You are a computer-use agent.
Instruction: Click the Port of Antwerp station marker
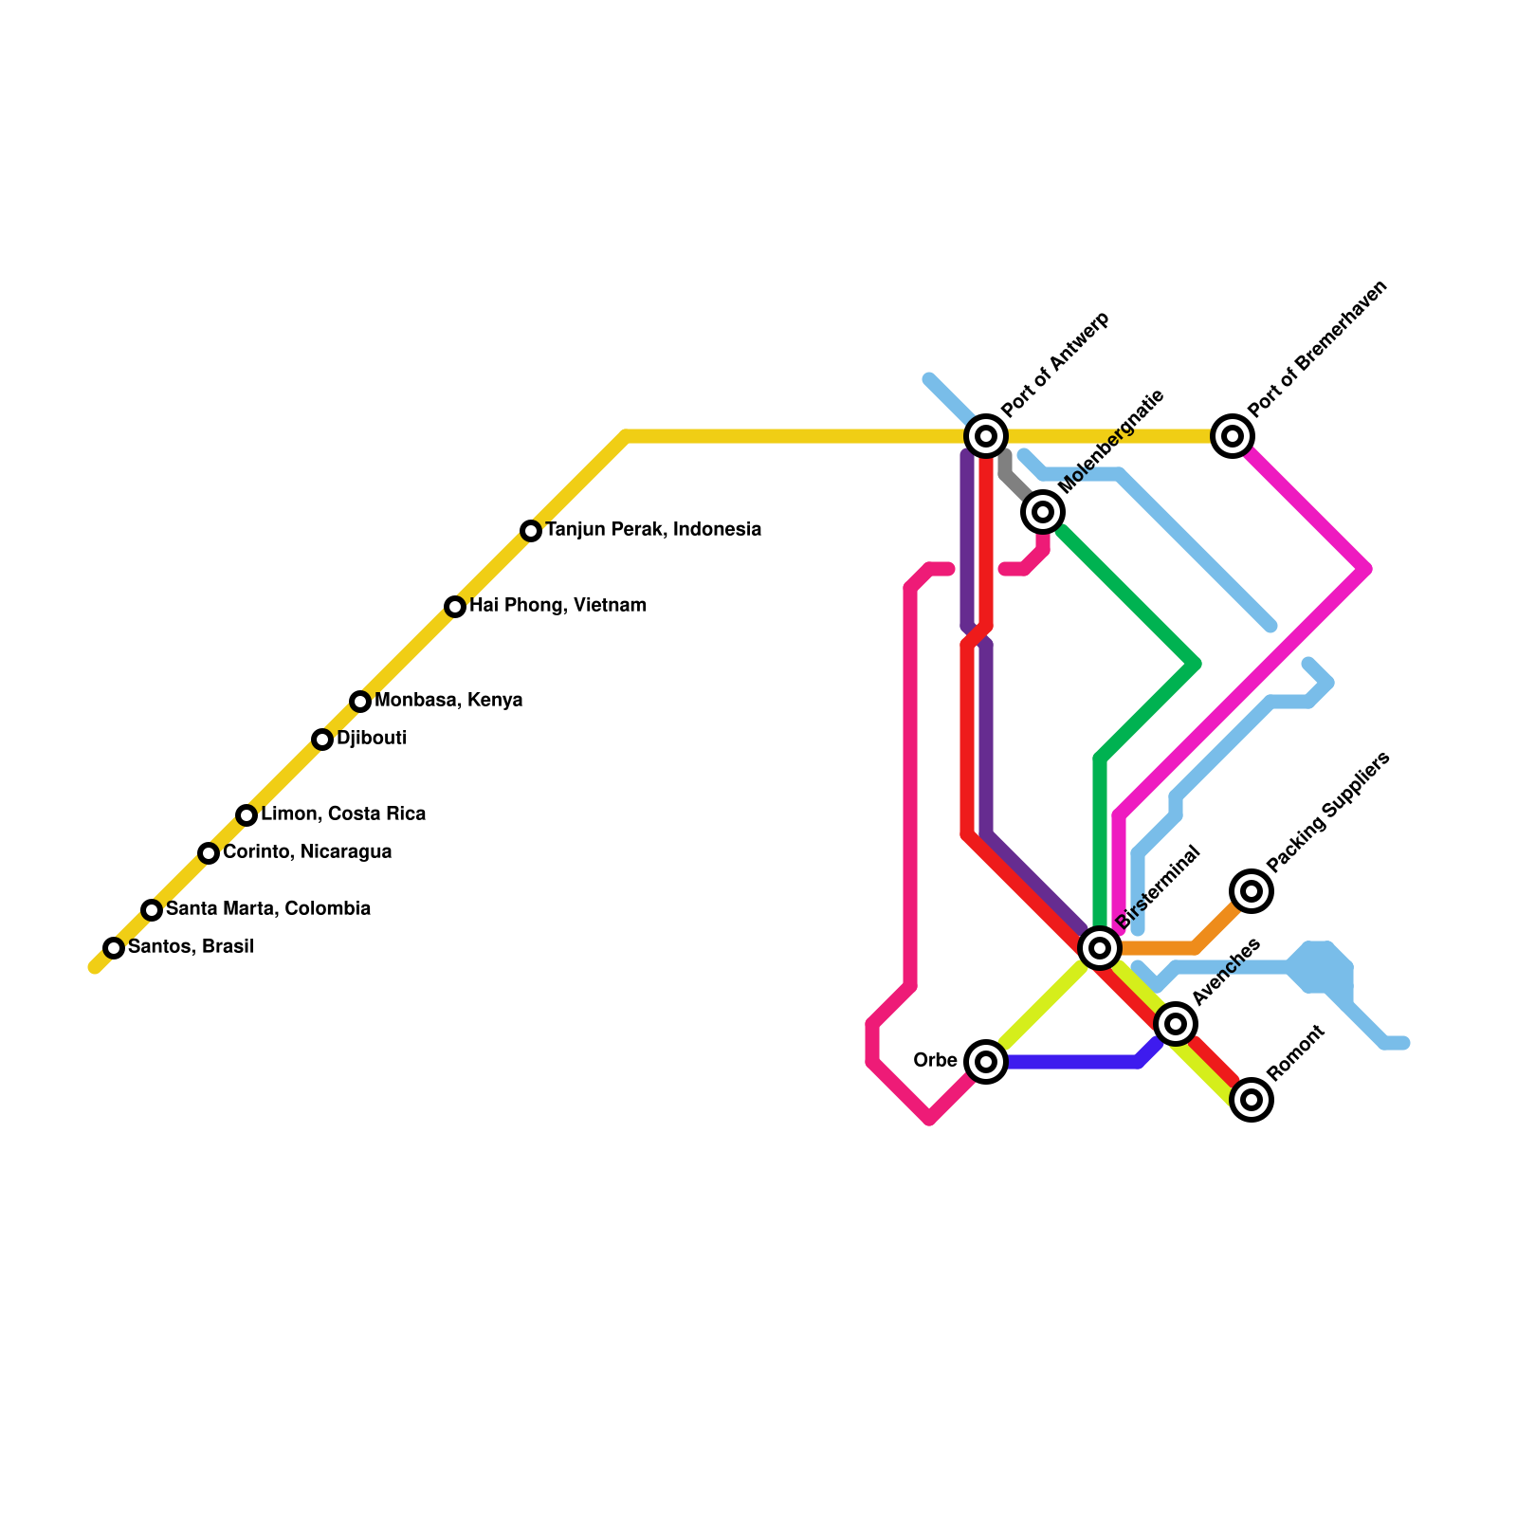coord(986,436)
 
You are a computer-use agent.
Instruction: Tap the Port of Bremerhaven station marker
coord(1233,436)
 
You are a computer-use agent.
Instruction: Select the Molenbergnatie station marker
coord(1043,512)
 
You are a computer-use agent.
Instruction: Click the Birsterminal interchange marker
coord(1100,947)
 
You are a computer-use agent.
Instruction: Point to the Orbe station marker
coord(986,1061)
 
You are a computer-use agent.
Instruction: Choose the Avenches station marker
coord(1176,1023)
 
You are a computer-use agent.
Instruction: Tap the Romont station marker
coord(1252,1099)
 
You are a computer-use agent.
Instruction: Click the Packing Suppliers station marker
coord(1252,890)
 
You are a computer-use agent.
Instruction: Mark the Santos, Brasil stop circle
coord(114,947)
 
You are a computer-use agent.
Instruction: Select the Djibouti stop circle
coord(322,739)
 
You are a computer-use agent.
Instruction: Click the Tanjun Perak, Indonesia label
coord(653,529)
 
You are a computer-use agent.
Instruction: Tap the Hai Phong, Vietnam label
coord(557,605)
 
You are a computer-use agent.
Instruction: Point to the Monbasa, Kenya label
coord(448,701)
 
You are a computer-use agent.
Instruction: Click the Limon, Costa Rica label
coord(343,813)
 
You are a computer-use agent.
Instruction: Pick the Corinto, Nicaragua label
coord(307,851)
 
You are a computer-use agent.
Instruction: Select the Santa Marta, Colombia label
coord(268,908)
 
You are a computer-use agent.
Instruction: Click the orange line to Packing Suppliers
coord(1166,947)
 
